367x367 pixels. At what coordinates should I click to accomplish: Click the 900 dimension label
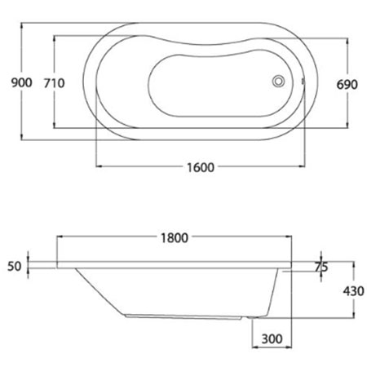tap(22, 82)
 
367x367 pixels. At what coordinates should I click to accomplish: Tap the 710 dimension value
tap(55, 83)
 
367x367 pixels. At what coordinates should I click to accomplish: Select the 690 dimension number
tap(347, 85)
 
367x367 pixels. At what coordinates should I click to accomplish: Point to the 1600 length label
tap(201, 167)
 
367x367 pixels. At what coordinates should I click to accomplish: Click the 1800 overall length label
tap(175, 238)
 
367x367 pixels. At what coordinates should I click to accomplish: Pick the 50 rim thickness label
tap(14, 267)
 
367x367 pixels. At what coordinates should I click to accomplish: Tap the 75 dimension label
tap(321, 268)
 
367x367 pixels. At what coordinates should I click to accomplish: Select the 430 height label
tap(353, 291)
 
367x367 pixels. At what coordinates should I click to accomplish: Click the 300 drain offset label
tap(272, 338)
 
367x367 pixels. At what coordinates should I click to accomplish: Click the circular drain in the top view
tap(278, 81)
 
